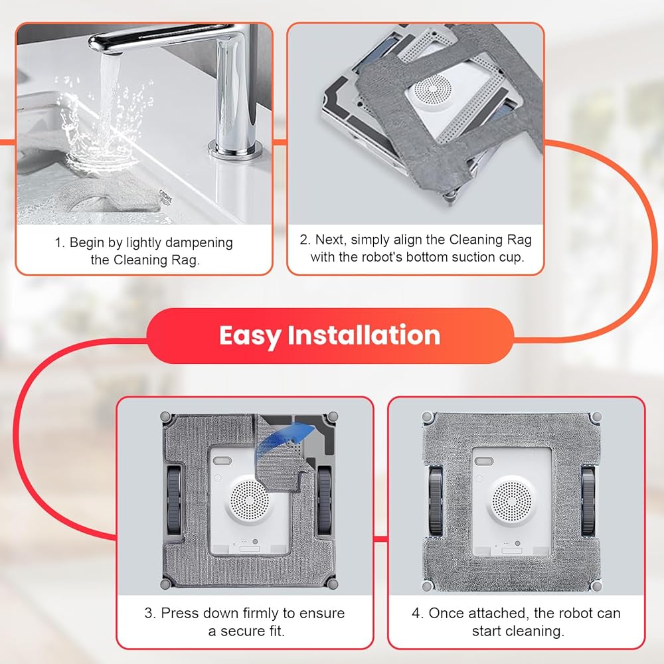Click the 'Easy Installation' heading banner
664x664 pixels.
point(330,335)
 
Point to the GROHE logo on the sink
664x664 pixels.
point(165,197)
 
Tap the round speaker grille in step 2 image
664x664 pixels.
point(432,90)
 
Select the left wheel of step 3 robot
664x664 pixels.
point(174,499)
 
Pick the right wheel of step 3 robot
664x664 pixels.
point(325,499)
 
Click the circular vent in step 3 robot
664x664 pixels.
point(250,500)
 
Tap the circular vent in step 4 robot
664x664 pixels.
point(511,501)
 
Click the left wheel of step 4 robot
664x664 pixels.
point(436,501)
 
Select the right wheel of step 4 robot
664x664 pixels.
point(588,501)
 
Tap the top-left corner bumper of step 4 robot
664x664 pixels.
point(428,417)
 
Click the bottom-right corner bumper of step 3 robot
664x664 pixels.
point(333,584)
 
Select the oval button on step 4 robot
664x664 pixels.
point(484,461)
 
